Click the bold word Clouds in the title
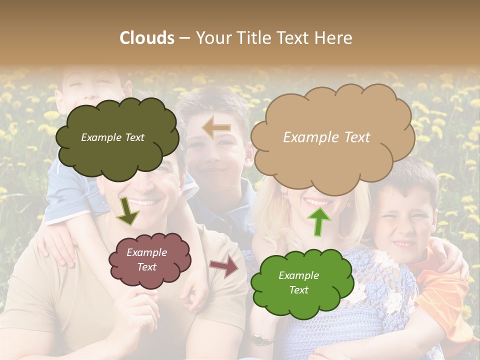147,38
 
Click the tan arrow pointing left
216,128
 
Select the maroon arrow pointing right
224,266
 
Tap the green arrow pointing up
318,220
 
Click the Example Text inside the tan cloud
326,137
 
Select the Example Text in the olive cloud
112,137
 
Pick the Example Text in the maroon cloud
146,259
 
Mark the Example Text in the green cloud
298,282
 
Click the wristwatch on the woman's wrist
258,340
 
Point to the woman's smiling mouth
318,202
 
